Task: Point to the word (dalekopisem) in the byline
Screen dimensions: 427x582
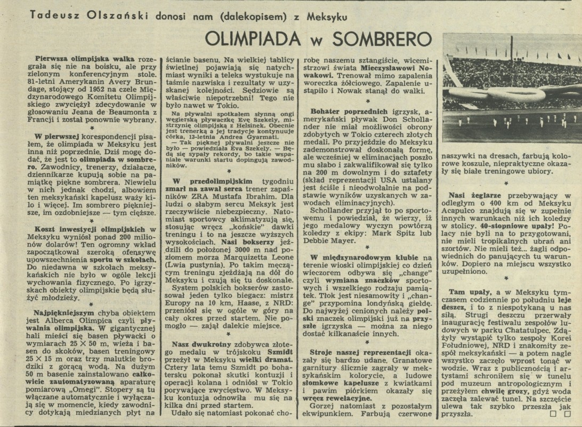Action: (248, 16)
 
